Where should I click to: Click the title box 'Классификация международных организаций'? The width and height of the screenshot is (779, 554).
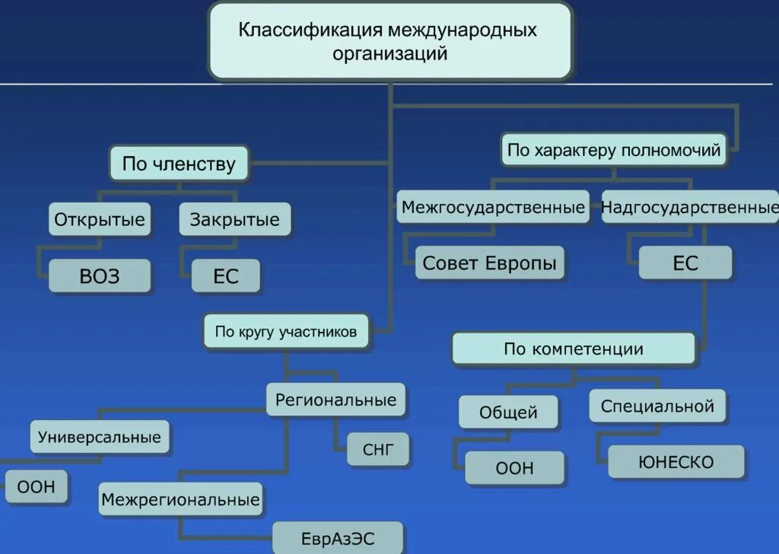[389, 41]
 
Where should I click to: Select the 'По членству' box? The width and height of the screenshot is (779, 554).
[179, 164]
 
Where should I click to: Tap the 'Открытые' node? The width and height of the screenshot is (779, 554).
[100, 220]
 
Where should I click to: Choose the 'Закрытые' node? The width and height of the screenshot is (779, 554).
[234, 220]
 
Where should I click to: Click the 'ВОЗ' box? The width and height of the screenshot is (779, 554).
[100, 275]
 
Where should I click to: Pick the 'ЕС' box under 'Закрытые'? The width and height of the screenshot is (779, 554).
[225, 275]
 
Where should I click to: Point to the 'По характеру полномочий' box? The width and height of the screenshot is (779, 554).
[614, 150]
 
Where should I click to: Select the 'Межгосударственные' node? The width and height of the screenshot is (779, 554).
[493, 207]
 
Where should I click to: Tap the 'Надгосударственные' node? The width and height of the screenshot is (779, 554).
[690, 207]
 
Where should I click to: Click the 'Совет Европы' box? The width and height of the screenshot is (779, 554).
[489, 263]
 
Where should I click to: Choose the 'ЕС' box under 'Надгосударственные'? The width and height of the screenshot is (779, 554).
[685, 263]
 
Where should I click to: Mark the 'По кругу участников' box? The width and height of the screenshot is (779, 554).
[285, 332]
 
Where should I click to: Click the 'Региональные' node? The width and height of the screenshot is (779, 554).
[335, 400]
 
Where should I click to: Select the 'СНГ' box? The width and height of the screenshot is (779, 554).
[379, 449]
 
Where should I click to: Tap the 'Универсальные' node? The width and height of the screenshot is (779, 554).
[100, 437]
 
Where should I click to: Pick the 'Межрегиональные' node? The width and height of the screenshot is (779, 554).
[180, 501]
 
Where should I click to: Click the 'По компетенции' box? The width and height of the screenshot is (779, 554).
[574, 349]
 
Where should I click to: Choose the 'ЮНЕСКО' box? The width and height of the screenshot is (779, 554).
[676, 462]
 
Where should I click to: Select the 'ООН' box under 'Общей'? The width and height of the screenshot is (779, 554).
[514, 468]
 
